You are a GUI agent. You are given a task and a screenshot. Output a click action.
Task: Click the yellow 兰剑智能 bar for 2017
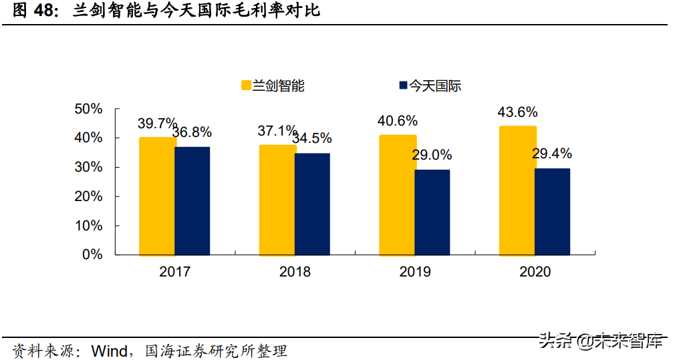157,196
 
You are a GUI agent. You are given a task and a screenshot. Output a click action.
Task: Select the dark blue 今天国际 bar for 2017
192,201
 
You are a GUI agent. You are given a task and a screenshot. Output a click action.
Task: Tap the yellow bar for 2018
277,200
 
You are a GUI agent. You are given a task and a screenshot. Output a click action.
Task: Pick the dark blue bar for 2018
312,204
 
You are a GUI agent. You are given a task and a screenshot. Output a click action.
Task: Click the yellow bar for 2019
398,195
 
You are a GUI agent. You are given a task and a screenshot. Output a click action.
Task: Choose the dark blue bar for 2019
432,212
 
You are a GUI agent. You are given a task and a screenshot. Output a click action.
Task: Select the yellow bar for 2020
517,190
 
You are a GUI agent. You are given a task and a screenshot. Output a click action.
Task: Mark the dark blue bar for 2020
552,212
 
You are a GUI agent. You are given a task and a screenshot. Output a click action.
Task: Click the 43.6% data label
517,112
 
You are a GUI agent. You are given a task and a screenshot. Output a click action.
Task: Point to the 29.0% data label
432,155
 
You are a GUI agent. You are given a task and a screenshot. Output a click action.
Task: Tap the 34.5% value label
312,139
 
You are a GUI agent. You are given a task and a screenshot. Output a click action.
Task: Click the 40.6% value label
397,121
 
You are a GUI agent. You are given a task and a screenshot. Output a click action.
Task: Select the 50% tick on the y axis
88,109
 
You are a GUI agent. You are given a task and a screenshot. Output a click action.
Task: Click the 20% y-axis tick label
88,196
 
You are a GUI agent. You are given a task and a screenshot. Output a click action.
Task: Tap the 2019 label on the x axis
415,272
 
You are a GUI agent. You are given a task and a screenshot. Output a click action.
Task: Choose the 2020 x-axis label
534,272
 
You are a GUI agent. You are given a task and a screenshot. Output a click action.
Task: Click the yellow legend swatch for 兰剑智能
246,85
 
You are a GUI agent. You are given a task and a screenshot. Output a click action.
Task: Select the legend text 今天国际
435,85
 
